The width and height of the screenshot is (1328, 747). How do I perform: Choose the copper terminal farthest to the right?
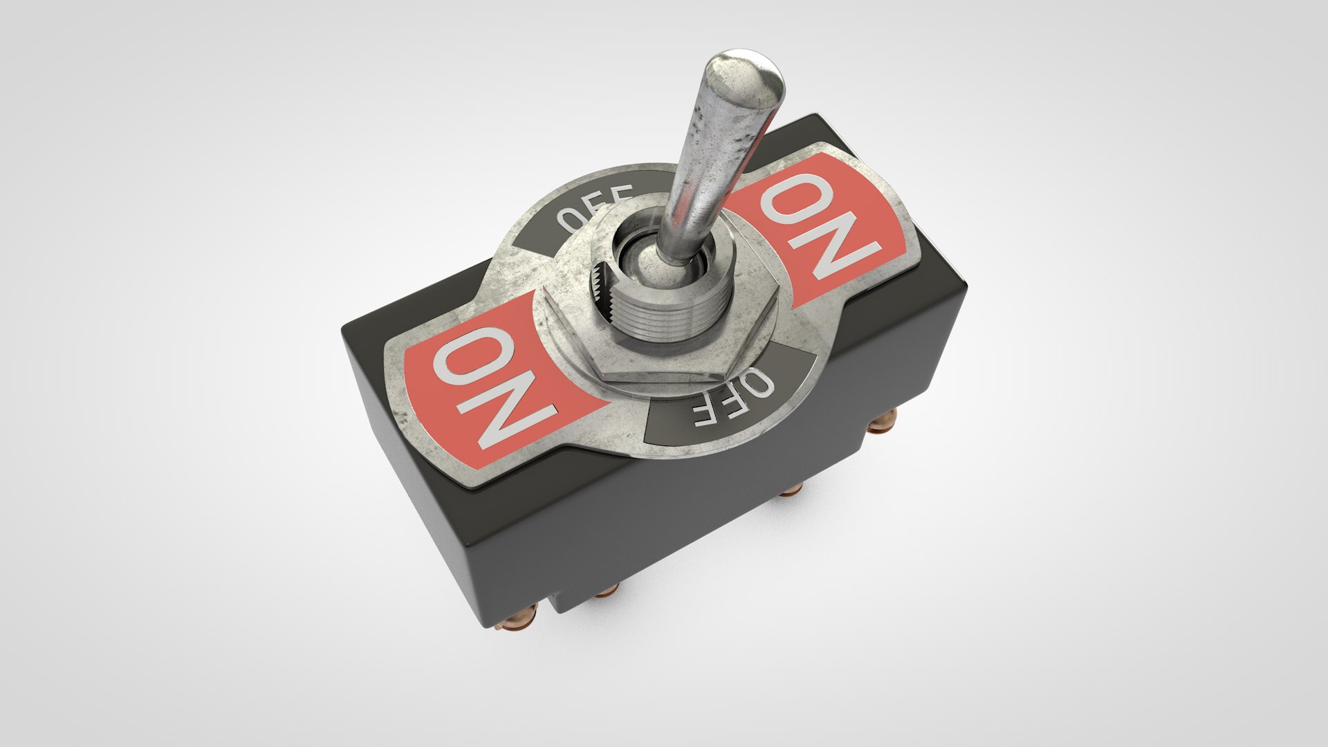click(x=882, y=421)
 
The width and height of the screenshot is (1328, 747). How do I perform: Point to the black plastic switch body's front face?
click(x=692, y=526)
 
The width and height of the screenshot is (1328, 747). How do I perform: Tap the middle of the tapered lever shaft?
click(x=705, y=166)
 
